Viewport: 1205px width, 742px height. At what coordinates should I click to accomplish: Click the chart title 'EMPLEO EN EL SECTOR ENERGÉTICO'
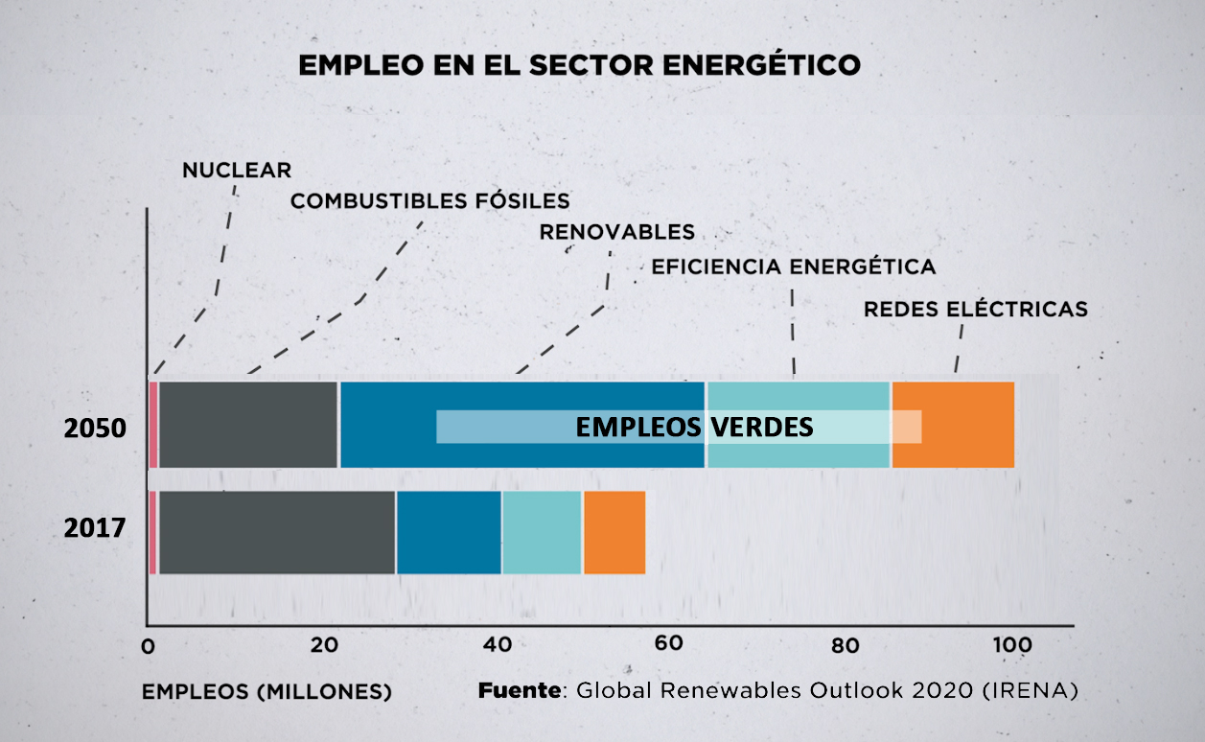pos(580,66)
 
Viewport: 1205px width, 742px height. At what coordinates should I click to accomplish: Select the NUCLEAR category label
pos(237,171)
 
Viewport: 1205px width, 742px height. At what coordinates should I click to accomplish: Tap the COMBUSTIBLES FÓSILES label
pos(429,201)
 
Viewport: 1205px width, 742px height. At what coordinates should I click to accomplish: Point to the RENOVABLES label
pos(616,232)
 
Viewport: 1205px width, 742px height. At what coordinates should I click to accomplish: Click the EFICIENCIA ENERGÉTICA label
pos(793,267)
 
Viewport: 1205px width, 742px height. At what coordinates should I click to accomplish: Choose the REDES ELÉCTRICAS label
pos(975,310)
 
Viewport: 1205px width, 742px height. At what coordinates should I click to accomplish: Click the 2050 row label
pos(95,429)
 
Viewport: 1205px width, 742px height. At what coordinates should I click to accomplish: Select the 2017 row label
pos(95,528)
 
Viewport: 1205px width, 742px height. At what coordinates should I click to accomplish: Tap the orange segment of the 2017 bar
pos(614,533)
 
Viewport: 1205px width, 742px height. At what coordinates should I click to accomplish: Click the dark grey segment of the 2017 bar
pos(276,533)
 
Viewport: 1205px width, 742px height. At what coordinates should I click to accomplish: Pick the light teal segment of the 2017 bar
pos(542,533)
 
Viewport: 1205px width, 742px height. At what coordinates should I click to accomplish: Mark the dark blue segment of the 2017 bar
pos(449,533)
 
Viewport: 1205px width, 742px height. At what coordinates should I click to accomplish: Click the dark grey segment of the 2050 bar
pos(247,425)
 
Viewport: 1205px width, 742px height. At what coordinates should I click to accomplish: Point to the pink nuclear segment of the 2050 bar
pos(153,425)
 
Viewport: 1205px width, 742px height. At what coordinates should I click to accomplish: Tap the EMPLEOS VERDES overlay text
pos(694,428)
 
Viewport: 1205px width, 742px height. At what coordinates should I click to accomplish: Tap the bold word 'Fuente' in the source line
pos(519,690)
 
